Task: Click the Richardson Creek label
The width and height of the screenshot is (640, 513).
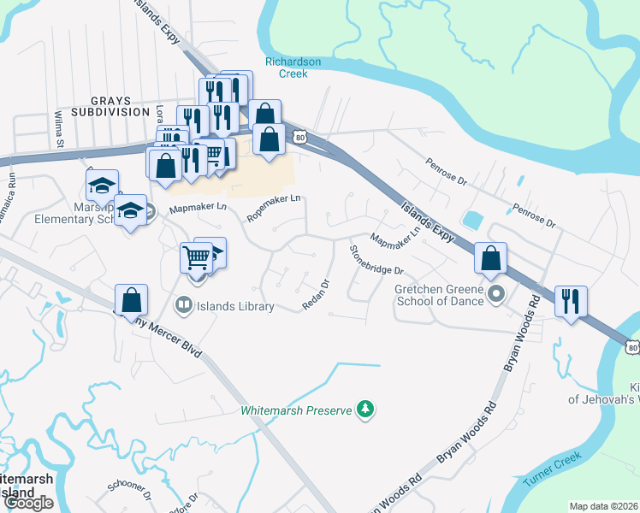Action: tap(293, 68)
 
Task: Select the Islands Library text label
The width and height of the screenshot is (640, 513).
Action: tap(235, 307)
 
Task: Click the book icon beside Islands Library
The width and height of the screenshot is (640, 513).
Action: tap(183, 305)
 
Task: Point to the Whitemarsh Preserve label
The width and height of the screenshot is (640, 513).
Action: tap(296, 410)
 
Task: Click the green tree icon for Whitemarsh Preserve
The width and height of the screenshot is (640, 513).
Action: tap(366, 410)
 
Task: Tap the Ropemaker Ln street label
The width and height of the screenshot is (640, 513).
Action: tap(274, 208)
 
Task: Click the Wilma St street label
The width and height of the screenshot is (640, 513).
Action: tap(60, 128)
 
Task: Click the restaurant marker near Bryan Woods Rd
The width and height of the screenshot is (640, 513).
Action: tap(570, 302)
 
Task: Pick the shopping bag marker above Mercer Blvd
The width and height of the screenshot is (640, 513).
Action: tap(131, 299)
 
